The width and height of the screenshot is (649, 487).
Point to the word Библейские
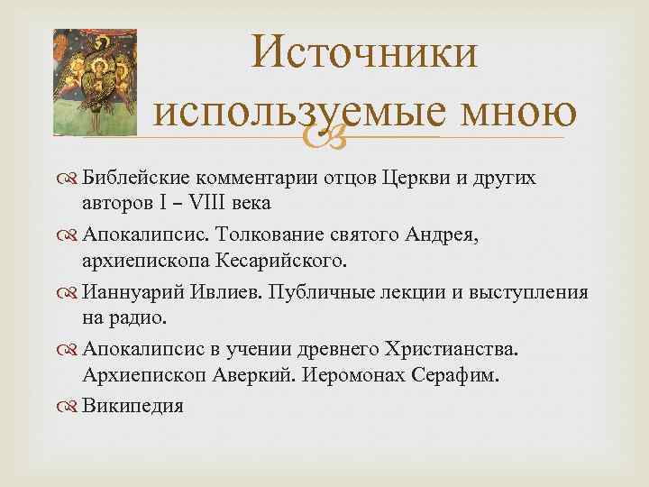point(138,178)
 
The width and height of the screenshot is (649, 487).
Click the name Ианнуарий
point(134,293)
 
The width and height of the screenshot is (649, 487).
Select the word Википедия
point(133,406)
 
